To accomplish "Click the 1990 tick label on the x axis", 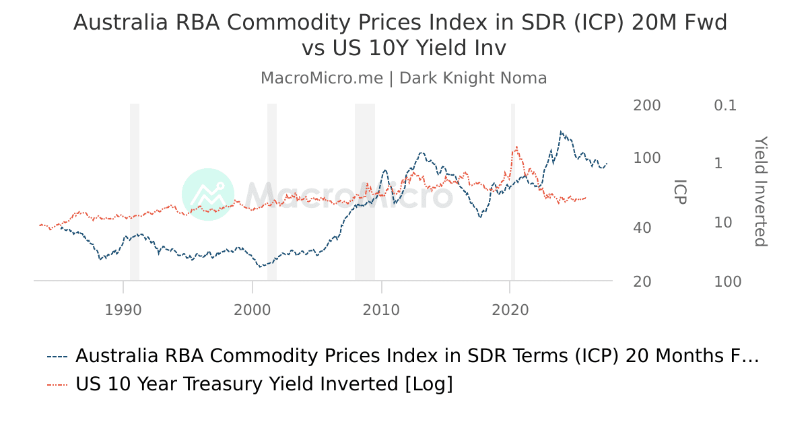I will (123, 310).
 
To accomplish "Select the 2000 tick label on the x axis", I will (252, 310).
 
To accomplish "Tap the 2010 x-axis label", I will (382, 310).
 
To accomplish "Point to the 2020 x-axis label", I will (510, 310).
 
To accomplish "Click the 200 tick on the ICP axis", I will (646, 106).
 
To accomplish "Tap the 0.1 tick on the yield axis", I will (726, 106).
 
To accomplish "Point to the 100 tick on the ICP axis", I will (646, 158).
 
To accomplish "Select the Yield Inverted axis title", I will (760, 192).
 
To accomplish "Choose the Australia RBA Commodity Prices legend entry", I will (404, 356).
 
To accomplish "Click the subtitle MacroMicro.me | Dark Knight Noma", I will (404, 78).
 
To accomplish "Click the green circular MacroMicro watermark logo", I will (208, 195).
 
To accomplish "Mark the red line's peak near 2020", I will (516, 147).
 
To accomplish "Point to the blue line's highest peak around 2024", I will (561, 132).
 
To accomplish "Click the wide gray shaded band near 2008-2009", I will (365, 192).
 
